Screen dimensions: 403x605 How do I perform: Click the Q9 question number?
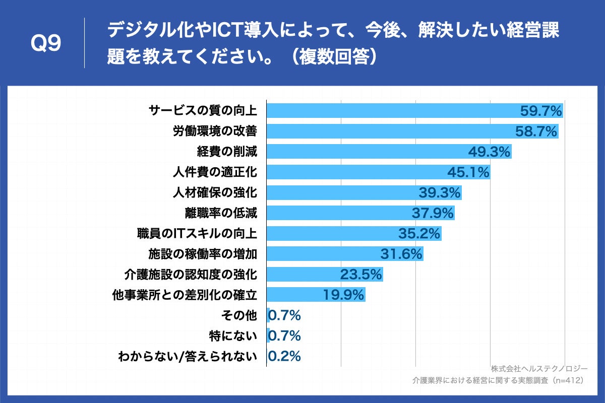tap(46, 44)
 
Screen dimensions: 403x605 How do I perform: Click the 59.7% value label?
tap(540, 110)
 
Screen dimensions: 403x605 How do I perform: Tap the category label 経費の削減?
tap(227, 152)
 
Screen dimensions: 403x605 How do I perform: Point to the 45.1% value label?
tap(468, 172)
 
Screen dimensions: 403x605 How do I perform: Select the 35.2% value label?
tap(419, 234)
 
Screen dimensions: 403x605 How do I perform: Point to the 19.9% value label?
tap(343, 295)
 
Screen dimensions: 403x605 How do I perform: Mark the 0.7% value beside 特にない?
tap(285, 335)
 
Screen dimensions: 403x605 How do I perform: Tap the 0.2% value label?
tap(285, 356)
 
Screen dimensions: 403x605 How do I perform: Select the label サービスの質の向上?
tap(203, 110)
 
